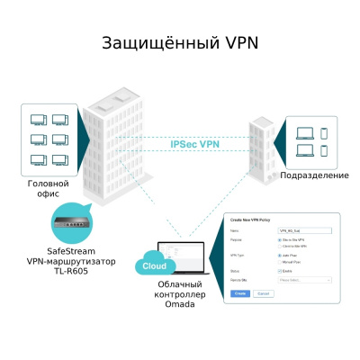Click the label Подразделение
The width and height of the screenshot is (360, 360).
point(314,175)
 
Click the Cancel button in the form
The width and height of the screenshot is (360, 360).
point(264,293)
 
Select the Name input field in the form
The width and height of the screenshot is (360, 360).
point(303,231)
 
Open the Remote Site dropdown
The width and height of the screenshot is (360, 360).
point(303,280)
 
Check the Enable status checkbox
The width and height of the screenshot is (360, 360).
point(280,270)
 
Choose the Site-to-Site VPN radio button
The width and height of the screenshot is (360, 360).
point(280,240)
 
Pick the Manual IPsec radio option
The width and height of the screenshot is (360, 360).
point(280,260)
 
